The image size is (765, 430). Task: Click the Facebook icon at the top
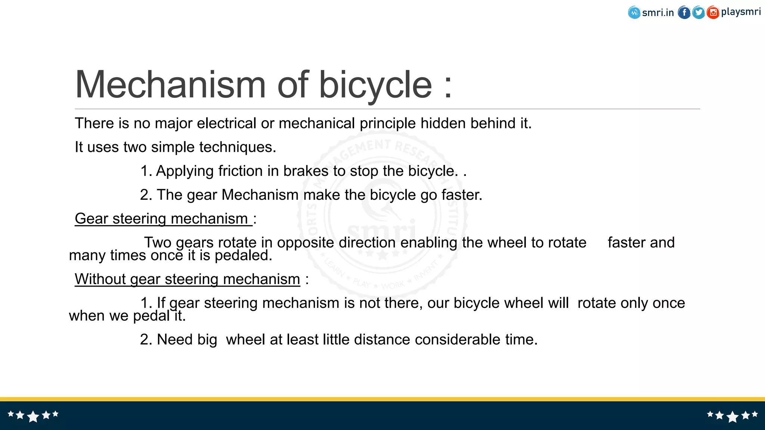click(684, 13)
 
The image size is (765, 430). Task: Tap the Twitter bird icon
click(698, 13)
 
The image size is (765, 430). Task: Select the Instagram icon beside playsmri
click(713, 13)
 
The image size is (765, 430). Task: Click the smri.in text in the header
click(658, 13)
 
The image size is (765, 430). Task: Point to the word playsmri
click(740, 12)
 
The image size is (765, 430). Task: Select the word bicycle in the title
click(375, 85)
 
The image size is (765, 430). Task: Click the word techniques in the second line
click(238, 147)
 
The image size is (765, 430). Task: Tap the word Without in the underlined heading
click(100, 279)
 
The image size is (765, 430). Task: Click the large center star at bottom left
click(33, 416)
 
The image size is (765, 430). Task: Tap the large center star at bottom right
click(733, 416)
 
